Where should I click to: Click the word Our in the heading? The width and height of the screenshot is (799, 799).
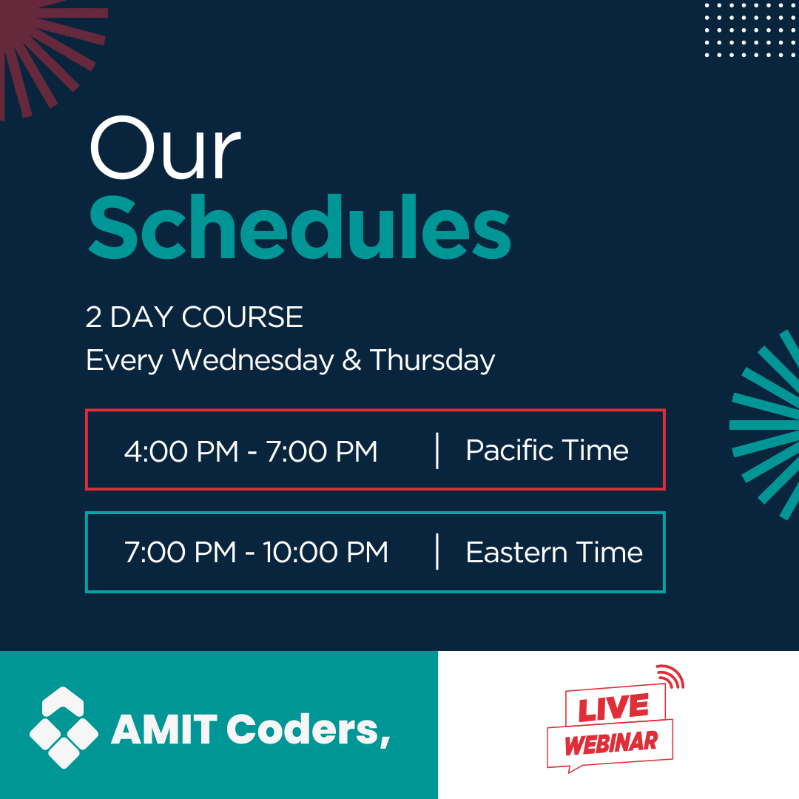tap(165, 148)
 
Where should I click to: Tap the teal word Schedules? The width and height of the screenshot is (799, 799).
tap(300, 227)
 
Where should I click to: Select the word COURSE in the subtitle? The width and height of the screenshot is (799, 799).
tap(242, 317)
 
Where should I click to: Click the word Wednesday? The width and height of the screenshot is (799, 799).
tap(253, 360)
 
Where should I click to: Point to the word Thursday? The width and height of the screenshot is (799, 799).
tap(432, 361)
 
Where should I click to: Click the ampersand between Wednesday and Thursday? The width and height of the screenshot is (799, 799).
tap(351, 360)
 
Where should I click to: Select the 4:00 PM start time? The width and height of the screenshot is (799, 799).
tap(181, 451)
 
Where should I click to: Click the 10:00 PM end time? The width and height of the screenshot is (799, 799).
tap(325, 553)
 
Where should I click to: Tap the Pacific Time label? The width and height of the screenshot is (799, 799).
tap(547, 451)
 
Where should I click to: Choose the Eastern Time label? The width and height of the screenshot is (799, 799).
tap(554, 553)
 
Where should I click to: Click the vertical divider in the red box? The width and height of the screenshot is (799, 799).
tap(437, 451)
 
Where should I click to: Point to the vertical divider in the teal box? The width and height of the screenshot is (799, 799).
tap(437, 551)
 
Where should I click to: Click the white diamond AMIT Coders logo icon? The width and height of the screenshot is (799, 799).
tap(64, 727)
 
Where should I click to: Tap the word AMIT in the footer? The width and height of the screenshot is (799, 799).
tap(164, 729)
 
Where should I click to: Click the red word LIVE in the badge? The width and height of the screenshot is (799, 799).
tap(613, 708)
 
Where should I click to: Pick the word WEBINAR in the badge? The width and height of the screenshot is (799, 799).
tap(611, 744)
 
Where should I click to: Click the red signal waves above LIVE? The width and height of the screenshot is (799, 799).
tap(672, 676)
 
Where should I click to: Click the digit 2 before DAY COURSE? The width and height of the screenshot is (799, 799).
tap(93, 317)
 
